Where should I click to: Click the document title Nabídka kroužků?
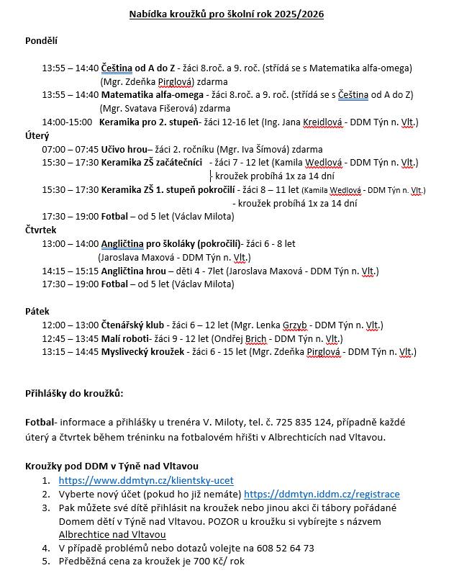pyautogui.click(x=226, y=14)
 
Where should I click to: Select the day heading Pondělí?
pyautogui.click(x=41, y=41)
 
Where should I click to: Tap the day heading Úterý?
pyautogui.click(x=37, y=135)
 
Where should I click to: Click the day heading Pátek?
pyautogui.click(x=37, y=312)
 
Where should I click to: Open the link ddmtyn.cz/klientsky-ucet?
pyautogui.click(x=146, y=481)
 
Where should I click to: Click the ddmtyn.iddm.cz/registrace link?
pyautogui.click(x=322, y=495)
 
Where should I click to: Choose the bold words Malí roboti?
pyautogui.click(x=124, y=339)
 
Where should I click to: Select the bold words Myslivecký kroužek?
pyautogui.click(x=144, y=353)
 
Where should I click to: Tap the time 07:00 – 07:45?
pyautogui.click(x=71, y=149)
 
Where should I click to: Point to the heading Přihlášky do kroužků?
pyautogui.click(x=74, y=394)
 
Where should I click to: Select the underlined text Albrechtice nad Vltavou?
pyautogui.click(x=112, y=535)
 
